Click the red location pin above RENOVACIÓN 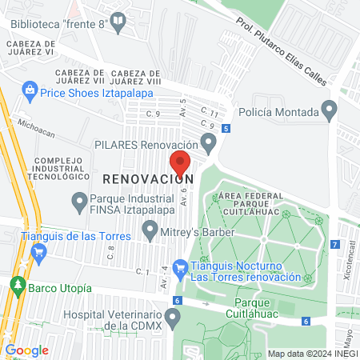180,165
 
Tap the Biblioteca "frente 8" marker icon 119,26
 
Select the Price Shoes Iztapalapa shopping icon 30,90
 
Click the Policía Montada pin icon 328,108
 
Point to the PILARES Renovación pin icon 210,144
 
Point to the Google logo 26,350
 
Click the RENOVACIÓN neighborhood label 148,178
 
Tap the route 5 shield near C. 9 227,128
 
